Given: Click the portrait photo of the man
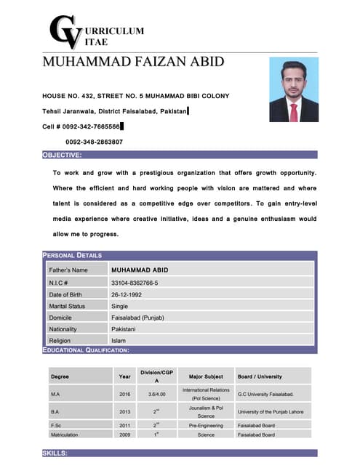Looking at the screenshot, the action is pos(294,90).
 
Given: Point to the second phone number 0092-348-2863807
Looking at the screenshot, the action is pos(94,142).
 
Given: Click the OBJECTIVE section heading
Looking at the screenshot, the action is pos(62,155).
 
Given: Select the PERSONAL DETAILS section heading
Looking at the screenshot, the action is pos(72,255).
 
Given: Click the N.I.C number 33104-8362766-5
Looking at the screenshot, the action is pos(135,283).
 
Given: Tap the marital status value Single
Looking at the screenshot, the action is pos(119,306).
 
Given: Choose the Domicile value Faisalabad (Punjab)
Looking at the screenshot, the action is pos(137,318).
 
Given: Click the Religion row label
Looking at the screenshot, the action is pos(60,341).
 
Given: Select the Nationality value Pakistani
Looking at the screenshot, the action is pos(128,329).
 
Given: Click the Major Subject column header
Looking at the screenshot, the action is pos(206,376).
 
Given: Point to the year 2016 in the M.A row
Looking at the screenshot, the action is pos(125,394).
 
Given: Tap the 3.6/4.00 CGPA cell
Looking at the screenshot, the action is pos(155,394).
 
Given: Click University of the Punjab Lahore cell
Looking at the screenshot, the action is pos(271,412).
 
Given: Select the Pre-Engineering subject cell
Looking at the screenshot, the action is pos(206,424).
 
